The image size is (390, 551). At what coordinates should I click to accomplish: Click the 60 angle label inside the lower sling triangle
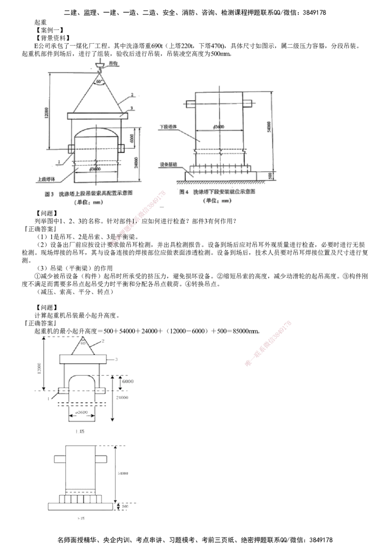pyautogui.click(x=83, y=343)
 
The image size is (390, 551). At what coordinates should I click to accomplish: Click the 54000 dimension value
pyautogui.click(x=124, y=473)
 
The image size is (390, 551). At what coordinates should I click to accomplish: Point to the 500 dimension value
pyautogui.click(x=125, y=506)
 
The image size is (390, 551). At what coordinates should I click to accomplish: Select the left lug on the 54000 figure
pyautogui.click(x=58, y=458)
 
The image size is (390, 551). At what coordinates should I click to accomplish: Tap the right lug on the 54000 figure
pyautogui.click(x=102, y=458)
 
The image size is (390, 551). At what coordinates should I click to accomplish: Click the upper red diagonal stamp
pyautogui.click(x=139, y=218)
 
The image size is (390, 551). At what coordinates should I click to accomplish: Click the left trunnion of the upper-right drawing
pyautogui.click(x=190, y=103)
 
